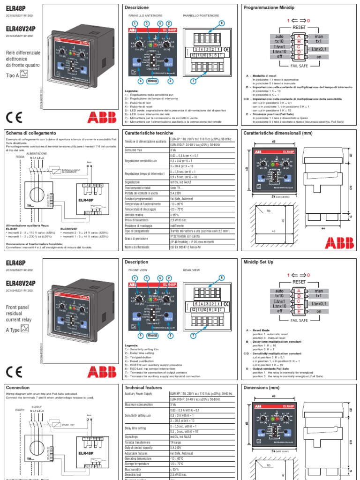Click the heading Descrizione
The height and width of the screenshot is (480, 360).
click(137, 8)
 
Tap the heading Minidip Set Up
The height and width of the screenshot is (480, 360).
click(258, 262)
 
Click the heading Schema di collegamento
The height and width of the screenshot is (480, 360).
click(30, 133)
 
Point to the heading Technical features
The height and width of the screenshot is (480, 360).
click(143, 388)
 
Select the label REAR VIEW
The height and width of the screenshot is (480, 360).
click(191, 270)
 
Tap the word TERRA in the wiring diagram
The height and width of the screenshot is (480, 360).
click(20, 156)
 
